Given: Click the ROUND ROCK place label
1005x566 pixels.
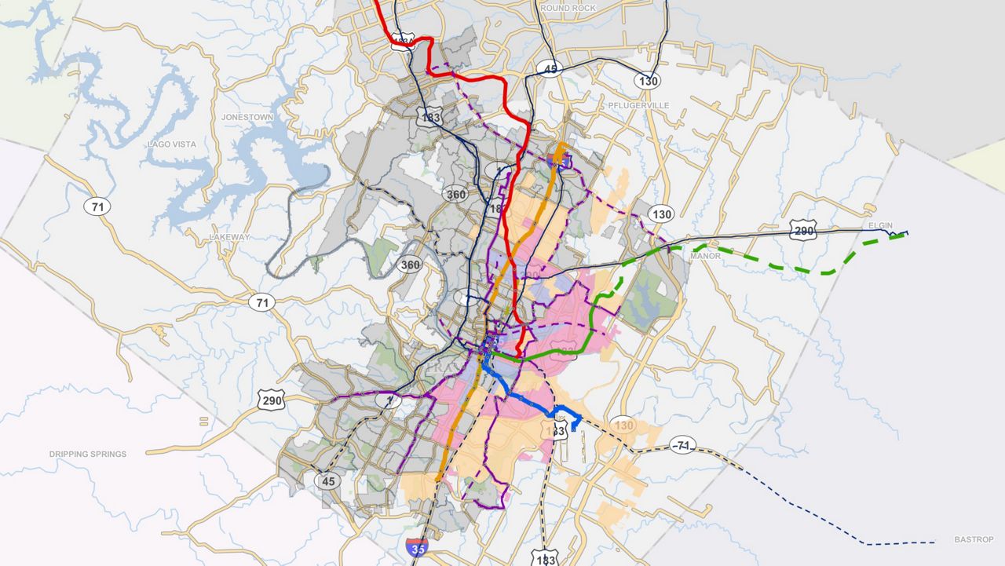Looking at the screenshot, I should point(568,8).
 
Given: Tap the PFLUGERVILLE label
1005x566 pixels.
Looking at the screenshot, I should point(638,104).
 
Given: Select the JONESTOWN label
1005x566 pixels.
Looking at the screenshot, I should point(247,117).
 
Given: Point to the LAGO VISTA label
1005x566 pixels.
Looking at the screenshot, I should point(172,144).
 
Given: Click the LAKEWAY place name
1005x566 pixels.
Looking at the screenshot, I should point(229,237).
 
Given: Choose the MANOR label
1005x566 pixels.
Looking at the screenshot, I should point(704,256).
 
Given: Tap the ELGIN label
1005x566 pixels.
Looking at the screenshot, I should point(880,225).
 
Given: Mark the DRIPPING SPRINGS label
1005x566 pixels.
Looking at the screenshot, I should point(87,454).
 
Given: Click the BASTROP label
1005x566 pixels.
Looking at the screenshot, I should point(974,539).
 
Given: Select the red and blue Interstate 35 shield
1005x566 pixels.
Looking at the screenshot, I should point(418,548).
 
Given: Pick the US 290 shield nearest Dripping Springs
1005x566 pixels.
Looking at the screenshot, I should point(269,400).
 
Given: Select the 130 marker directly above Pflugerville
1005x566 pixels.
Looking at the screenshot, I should point(649,80).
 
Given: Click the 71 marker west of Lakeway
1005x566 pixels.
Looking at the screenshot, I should point(97,207).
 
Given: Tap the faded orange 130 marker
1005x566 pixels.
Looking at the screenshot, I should point(624,425).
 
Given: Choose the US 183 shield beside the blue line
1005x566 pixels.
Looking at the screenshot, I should point(557,432).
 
